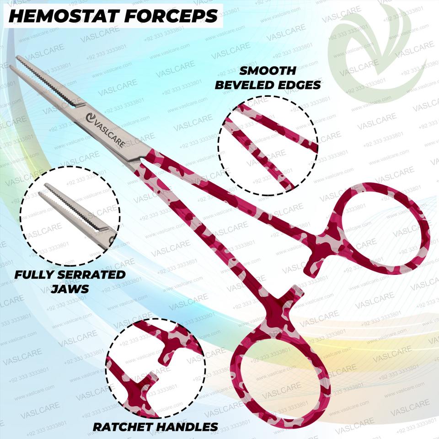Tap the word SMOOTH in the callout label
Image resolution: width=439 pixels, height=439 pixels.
click(268, 71)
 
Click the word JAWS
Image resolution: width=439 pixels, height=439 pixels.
click(70, 289)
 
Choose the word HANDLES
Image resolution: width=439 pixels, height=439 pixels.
click(187, 427)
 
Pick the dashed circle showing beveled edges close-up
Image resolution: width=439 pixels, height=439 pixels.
click(268, 144)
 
